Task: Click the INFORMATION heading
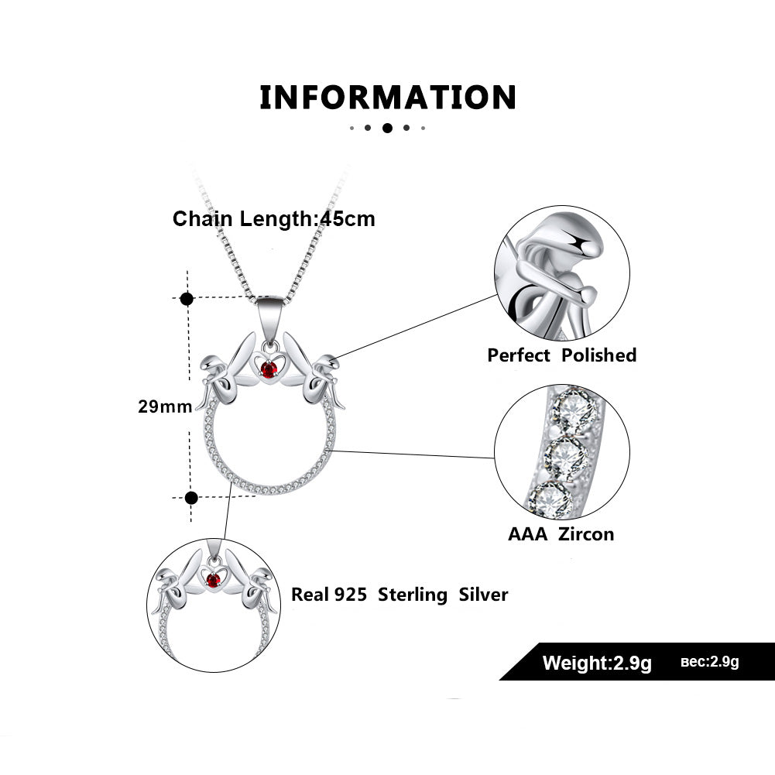pos(387,98)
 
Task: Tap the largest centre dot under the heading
pos(387,128)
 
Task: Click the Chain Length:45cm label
pos(274,219)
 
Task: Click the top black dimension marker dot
pos(187,298)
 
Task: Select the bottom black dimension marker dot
pos(191,498)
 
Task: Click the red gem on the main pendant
pos(269,370)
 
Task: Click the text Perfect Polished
pos(561,355)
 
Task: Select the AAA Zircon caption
pos(561,533)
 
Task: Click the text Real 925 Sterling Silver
pos(400,595)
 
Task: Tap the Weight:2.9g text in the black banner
pos(597,663)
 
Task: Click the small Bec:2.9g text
pos(710,662)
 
